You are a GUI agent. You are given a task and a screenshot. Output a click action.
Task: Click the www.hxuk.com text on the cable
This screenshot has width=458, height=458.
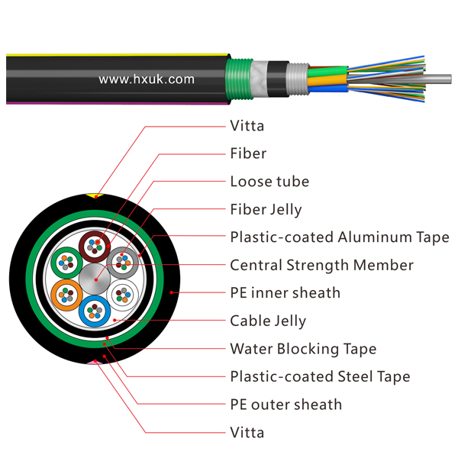coord(147,79)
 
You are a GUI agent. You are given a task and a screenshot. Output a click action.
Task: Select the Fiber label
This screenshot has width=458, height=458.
coord(248,153)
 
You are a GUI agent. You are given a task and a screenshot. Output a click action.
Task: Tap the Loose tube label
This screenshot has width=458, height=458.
coord(269,182)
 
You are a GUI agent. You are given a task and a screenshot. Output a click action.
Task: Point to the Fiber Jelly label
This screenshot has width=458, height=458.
coord(266,209)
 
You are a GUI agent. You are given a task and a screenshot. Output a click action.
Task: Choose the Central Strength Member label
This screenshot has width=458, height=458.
coord(321,266)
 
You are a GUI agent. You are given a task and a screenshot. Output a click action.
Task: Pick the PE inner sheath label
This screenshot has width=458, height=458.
coord(285,293)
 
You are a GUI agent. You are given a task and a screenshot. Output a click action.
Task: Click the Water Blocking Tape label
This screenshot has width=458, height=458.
coord(303,349)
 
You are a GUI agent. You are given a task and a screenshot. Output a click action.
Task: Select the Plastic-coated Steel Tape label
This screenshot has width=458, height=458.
coord(320,376)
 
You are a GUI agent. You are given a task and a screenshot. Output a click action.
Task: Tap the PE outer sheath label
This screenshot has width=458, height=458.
coord(285,405)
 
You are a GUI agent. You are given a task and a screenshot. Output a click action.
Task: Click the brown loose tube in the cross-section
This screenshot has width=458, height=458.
coord(95,246)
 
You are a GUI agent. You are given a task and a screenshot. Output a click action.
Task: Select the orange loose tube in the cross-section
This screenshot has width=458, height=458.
coord(66,294)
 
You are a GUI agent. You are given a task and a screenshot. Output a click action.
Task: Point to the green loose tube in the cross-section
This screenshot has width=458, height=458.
coord(67,262)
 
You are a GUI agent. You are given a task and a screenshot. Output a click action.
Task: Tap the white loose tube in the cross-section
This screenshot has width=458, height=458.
coord(124,295)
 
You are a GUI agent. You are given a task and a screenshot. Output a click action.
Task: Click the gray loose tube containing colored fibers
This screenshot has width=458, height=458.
coord(121,262)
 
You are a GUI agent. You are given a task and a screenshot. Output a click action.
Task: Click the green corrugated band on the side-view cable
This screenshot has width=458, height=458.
coord(240,79)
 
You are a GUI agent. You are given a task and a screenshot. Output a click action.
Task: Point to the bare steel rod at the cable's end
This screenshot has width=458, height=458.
coord(440,78)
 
